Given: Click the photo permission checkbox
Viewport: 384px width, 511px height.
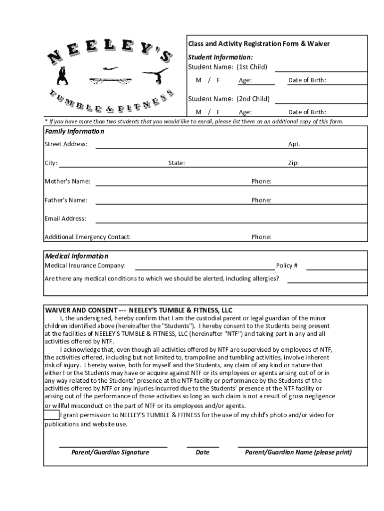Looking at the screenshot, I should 51,415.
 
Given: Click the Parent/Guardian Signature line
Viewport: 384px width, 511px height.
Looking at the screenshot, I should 113,446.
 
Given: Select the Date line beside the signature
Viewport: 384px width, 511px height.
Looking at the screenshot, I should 202,446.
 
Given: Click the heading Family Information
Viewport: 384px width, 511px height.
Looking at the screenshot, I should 75,132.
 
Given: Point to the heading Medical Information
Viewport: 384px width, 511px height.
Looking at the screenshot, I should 77,256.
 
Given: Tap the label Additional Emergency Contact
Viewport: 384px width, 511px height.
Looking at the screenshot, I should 88,237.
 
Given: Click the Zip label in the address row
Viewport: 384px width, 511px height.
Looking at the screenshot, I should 293,163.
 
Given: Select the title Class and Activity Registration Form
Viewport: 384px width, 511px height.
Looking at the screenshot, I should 258,44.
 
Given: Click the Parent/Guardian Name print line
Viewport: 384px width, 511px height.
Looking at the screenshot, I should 302,446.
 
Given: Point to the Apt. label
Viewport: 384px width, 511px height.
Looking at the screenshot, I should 294,144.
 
